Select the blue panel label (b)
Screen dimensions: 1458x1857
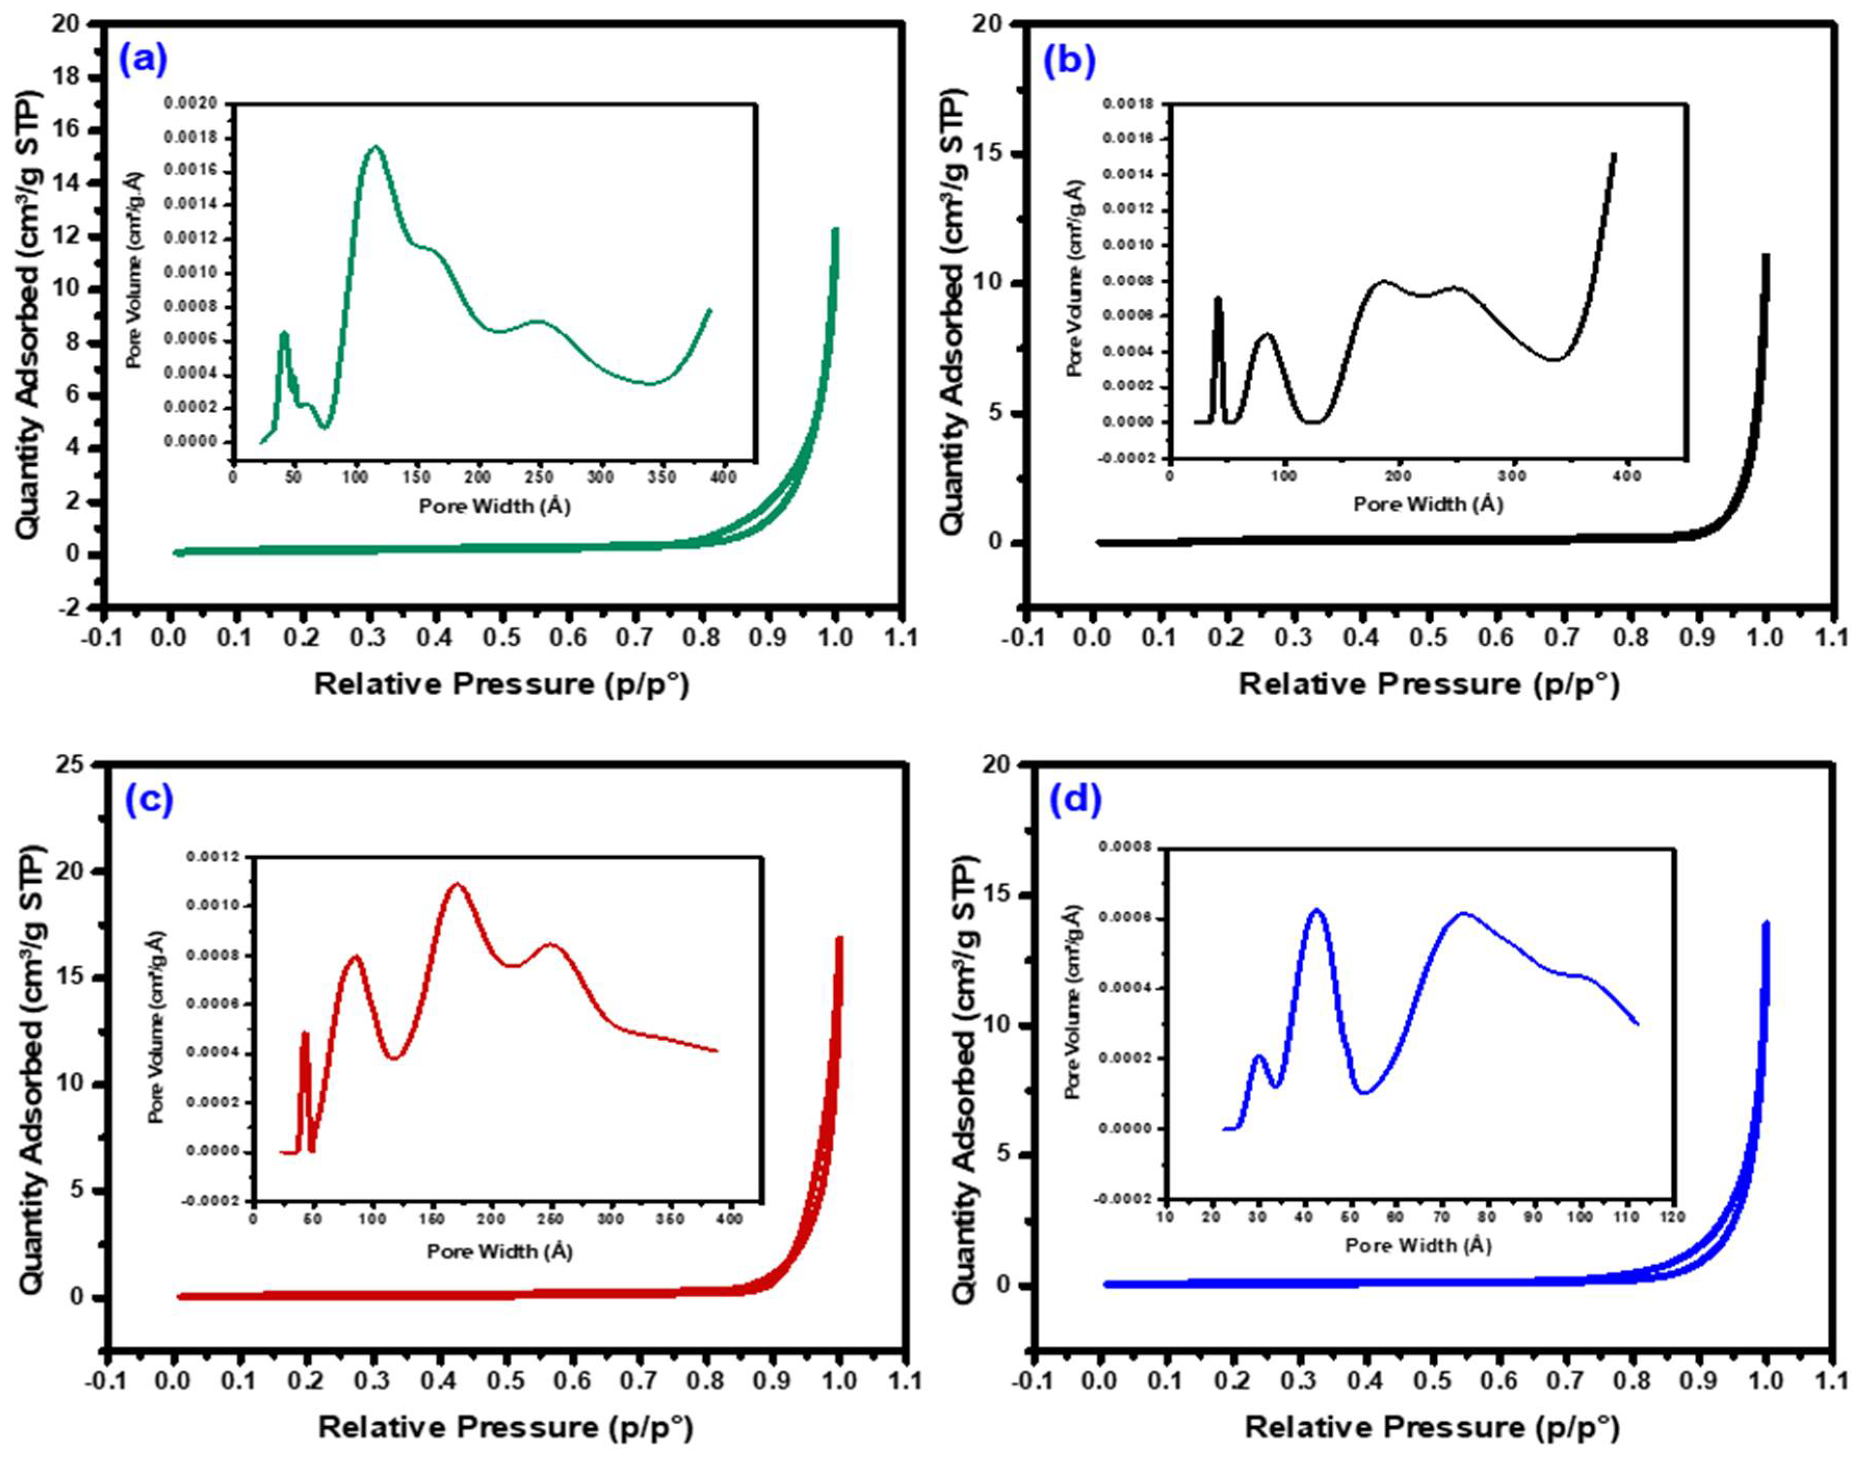click(x=1069, y=62)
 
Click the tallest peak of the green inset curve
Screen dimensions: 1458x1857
click(x=375, y=147)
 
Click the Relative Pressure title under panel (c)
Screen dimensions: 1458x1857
click(x=506, y=1426)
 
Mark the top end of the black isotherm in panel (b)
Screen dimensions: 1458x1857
click(x=1765, y=255)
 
